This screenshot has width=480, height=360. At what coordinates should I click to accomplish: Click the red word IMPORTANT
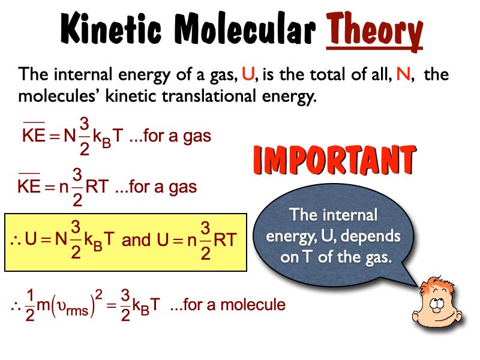(x=334, y=160)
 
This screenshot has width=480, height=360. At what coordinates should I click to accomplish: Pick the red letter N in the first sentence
(x=403, y=76)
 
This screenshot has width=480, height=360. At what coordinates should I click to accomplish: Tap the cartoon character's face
(x=435, y=303)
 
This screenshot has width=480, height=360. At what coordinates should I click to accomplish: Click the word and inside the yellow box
(x=136, y=241)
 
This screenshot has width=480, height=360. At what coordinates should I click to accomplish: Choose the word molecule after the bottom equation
(x=258, y=305)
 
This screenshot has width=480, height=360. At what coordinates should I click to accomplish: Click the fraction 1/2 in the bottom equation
(x=30, y=306)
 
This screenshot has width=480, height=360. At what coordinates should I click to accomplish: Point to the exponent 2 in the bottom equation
(x=101, y=294)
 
